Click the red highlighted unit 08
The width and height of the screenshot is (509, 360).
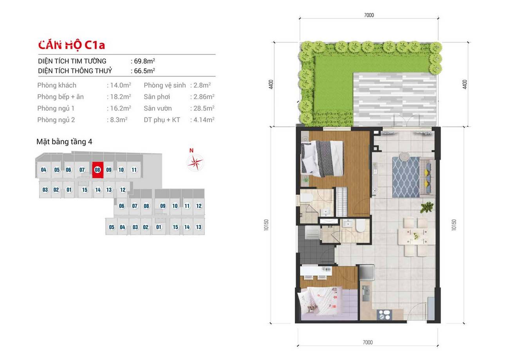(98, 170)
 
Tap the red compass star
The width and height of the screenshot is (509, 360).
(195, 162)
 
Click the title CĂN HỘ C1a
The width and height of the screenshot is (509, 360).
(72, 45)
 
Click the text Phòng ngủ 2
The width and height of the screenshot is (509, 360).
(56, 120)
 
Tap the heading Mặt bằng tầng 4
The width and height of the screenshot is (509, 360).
(64, 141)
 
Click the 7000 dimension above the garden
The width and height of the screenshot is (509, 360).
(369, 15)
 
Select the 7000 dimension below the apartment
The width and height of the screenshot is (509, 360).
(368, 342)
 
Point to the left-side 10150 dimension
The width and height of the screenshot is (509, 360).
(266, 225)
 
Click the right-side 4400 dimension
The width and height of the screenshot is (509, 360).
(465, 84)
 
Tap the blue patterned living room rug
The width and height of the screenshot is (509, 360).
(406, 177)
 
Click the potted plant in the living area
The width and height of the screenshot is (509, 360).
(427, 207)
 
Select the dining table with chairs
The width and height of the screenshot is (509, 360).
(417, 237)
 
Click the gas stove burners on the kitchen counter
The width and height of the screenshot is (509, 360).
(384, 315)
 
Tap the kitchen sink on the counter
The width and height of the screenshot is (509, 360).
(365, 293)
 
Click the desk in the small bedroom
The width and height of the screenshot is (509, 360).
(316, 271)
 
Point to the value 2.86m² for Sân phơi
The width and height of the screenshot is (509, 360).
(204, 97)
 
